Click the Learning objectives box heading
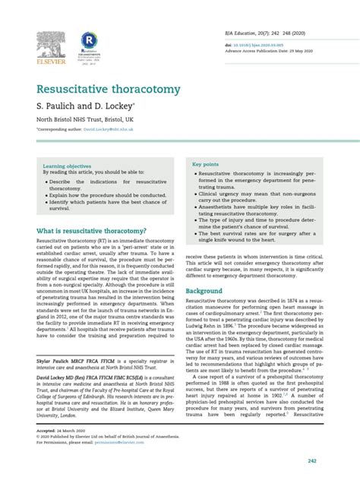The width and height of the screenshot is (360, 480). click(x=66, y=166)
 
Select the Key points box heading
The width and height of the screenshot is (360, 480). click(x=206, y=164)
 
